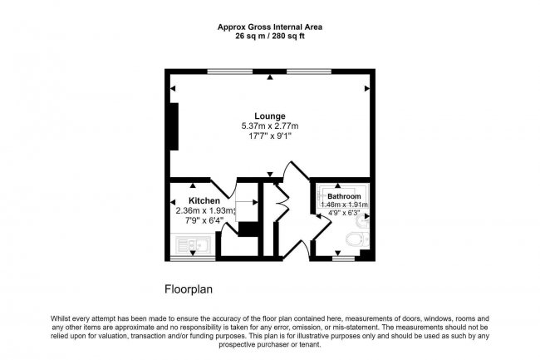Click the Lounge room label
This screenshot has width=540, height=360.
click(x=270, y=116)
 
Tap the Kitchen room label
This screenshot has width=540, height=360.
click(x=204, y=201)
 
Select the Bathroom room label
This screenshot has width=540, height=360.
click(x=344, y=196)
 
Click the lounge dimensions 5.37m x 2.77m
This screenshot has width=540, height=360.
click(x=270, y=126)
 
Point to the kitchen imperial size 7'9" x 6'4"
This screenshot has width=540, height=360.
click(x=204, y=220)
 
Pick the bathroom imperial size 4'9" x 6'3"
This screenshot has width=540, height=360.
click(x=344, y=213)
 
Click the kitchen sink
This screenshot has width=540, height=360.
click(x=193, y=244)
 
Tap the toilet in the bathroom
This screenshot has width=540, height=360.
click(x=357, y=239)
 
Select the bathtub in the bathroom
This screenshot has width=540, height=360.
click(x=342, y=196)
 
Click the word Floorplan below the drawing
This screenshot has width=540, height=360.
click(x=189, y=289)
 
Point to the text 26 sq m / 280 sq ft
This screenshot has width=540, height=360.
click(x=270, y=37)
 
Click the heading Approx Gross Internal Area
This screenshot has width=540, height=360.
click(x=270, y=27)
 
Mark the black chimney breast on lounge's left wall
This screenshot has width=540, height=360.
click(x=174, y=126)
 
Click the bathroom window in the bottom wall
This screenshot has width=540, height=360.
click(x=343, y=258)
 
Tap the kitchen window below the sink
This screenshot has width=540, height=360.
click(x=193, y=258)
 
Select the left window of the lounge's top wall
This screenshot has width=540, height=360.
click(x=229, y=72)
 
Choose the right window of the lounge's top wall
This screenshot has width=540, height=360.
click(x=309, y=72)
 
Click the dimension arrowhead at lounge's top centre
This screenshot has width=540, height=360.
click(x=270, y=77)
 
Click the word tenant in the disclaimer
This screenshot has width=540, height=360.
click(x=311, y=344)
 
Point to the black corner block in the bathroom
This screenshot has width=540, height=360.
click(x=365, y=255)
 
